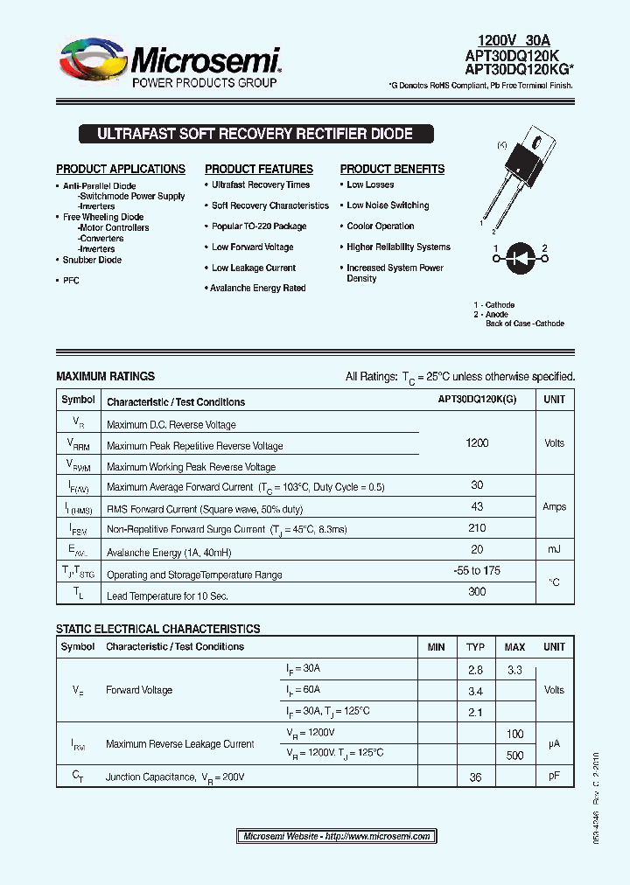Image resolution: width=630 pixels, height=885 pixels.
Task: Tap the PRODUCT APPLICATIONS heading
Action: tap(121, 169)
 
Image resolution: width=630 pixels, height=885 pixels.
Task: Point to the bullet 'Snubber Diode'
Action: tap(92, 260)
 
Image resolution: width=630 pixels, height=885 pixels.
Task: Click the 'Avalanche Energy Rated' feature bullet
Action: tap(258, 288)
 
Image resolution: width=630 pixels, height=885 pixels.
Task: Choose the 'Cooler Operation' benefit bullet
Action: tap(380, 226)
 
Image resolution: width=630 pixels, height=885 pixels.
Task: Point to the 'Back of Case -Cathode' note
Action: tap(525, 324)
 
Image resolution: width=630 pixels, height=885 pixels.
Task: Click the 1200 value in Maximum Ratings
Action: tap(477, 443)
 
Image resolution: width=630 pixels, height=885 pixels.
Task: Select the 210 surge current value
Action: tap(477, 528)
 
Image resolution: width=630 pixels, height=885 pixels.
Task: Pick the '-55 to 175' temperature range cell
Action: tap(477, 571)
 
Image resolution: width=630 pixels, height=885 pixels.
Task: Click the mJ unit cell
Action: tap(554, 549)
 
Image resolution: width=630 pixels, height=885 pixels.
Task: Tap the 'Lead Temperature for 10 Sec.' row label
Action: tap(167, 596)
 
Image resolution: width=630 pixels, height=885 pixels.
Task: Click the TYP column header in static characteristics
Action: tap(475, 647)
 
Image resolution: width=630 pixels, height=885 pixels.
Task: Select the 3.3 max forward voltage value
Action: tap(514, 670)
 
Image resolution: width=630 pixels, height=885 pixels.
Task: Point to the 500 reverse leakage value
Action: tap(514, 756)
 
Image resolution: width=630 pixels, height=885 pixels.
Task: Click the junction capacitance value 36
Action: tap(475, 777)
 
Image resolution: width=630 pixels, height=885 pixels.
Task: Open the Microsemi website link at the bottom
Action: tap(336, 836)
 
